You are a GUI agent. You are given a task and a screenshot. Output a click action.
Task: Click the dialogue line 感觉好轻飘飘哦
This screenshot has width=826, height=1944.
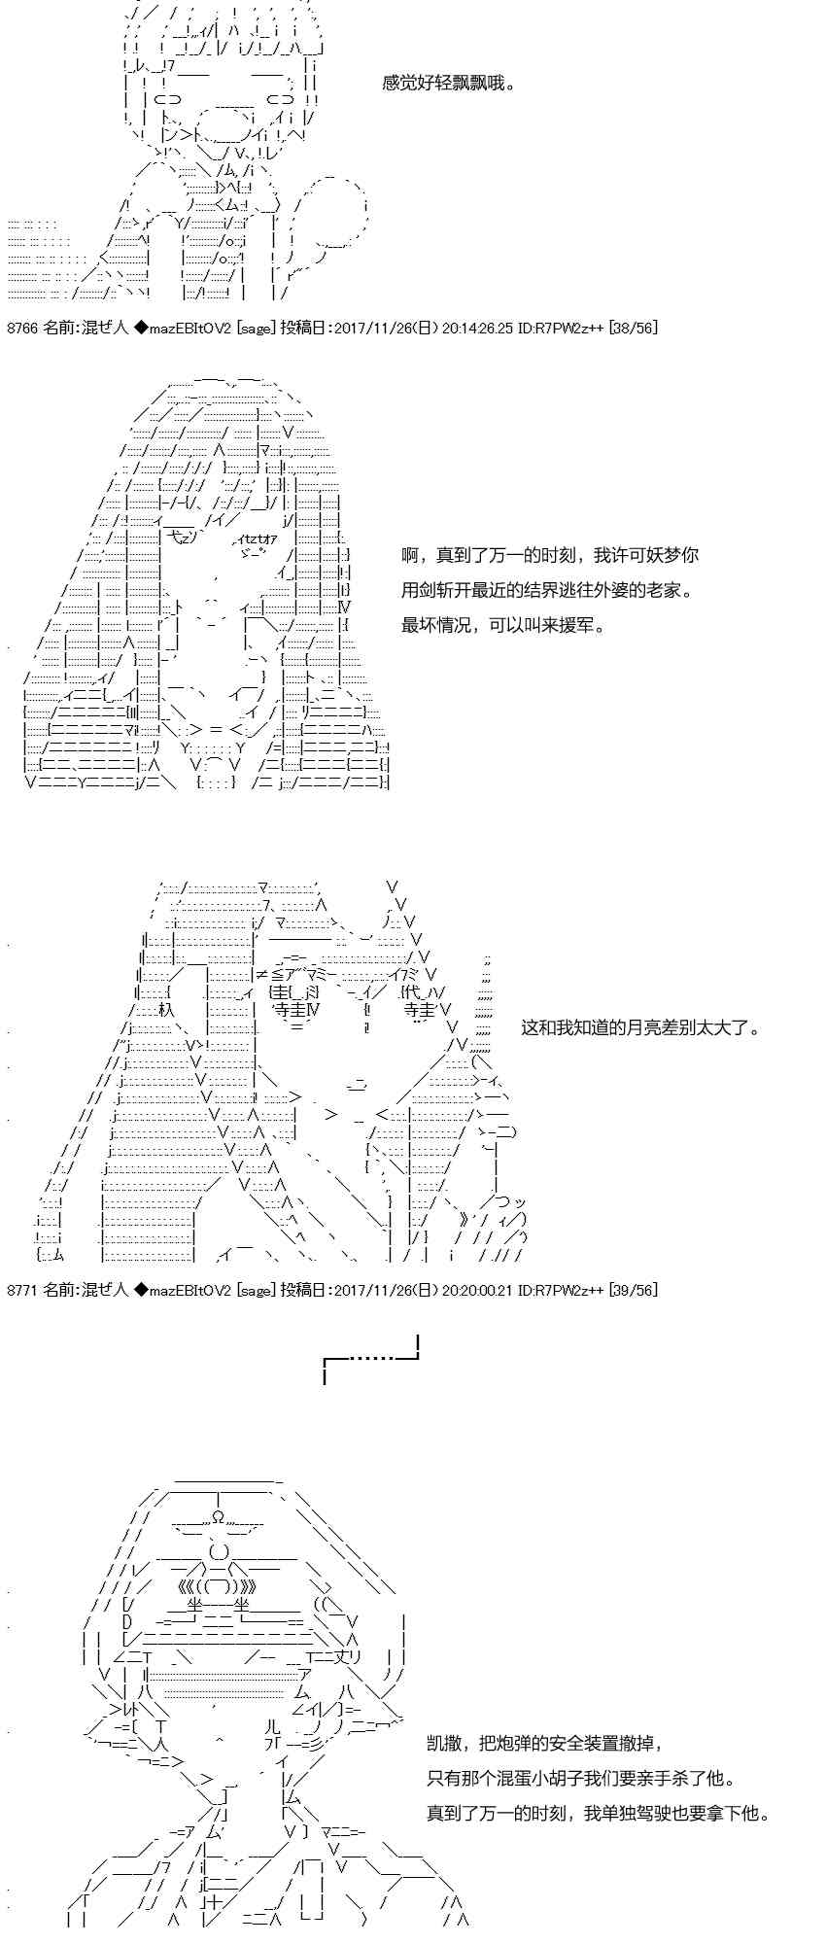[448, 84]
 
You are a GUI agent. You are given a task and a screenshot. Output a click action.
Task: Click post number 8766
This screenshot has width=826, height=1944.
[22, 328]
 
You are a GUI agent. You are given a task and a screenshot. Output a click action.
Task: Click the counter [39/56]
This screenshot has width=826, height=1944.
[632, 1290]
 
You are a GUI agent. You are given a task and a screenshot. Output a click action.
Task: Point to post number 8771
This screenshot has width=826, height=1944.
[22, 1290]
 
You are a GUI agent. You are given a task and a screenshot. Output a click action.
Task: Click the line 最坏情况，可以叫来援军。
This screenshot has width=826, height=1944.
[503, 625]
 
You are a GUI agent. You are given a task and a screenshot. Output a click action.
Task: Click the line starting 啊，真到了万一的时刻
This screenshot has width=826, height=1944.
[550, 555]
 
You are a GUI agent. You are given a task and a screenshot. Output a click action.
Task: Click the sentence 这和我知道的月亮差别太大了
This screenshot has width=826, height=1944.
[641, 1027]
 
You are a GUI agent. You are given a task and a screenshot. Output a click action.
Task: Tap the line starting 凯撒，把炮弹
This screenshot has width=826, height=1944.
[547, 1744]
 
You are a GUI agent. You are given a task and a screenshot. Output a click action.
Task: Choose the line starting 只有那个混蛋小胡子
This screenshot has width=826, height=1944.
[581, 1779]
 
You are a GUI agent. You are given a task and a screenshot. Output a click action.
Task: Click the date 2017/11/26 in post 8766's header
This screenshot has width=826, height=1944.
[369, 328]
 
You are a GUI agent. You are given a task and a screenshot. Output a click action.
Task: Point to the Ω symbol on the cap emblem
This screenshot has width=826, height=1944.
[219, 1515]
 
